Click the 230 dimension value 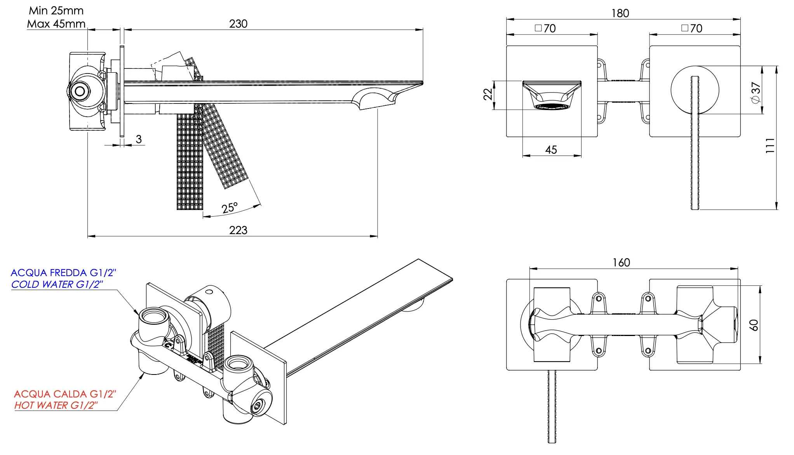(238, 24)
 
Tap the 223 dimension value (238, 230)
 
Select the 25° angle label (230, 208)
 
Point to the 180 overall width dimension (620, 14)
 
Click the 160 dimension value (621, 263)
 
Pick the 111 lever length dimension (770, 145)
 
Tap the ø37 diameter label (756, 93)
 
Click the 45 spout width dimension (551, 150)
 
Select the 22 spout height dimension (488, 94)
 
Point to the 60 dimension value (754, 325)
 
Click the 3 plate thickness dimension (139, 139)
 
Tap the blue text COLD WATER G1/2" (57, 285)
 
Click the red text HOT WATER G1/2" (56, 405)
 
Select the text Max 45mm (56, 24)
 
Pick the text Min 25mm (56, 11)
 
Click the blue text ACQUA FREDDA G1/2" (63, 273)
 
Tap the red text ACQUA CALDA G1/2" (65, 394)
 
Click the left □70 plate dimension (545, 28)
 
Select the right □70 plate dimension (692, 28)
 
